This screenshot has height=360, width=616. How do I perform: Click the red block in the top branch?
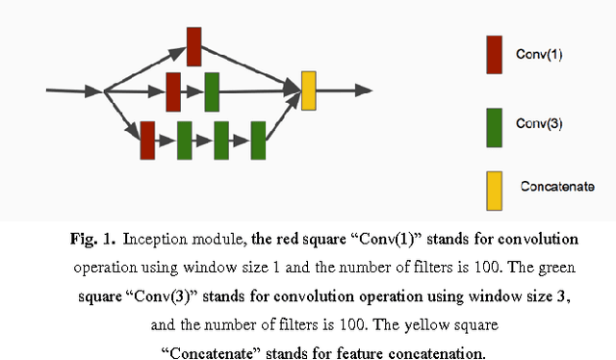coord(193,46)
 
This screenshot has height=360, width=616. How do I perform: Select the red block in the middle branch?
coord(174,91)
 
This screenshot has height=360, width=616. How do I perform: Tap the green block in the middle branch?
coord(212,91)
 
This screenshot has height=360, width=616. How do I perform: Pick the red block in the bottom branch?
coord(147,140)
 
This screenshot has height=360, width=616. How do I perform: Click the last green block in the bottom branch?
coord(257,140)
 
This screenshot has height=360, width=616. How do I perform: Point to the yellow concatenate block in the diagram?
coord(308,90)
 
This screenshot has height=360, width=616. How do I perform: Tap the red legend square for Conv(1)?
coord(495,55)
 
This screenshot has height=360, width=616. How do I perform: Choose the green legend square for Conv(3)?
coord(495,127)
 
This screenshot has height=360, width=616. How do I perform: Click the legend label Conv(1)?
coord(540,55)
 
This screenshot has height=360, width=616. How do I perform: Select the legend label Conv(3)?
coord(540,124)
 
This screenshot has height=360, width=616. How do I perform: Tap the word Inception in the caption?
coord(151,238)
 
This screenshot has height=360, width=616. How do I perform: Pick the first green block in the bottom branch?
coord(185,140)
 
